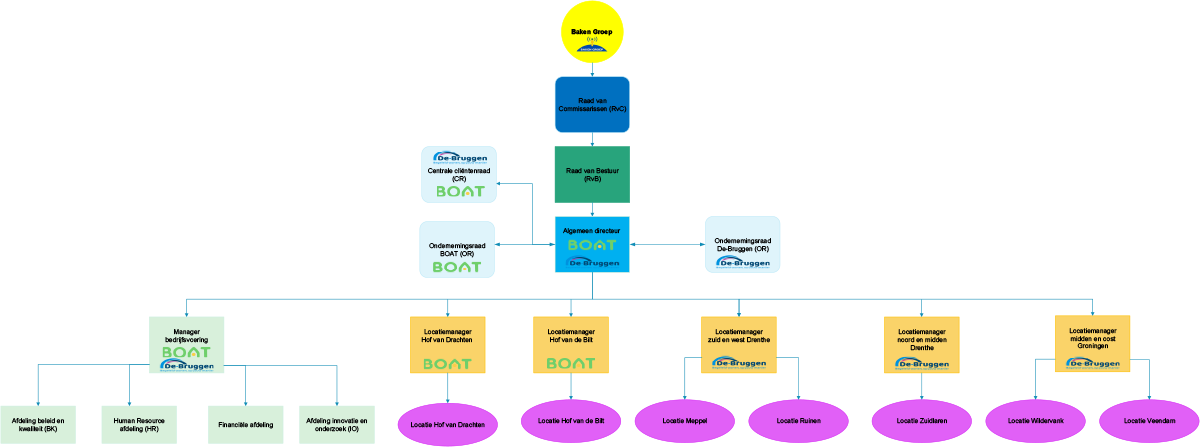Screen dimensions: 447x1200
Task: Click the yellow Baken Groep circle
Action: [592, 34]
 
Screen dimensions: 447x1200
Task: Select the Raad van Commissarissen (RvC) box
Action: [592, 104]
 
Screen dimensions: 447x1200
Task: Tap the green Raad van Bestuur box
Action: [592, 175]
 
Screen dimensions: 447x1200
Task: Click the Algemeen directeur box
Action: [592, 244]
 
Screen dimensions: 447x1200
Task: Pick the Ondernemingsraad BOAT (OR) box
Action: [456, 249]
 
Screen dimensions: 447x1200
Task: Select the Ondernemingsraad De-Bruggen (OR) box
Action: [742, 244]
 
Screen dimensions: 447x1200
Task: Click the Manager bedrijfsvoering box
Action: [186, 345]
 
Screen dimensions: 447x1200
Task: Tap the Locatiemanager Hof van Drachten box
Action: [448, 345]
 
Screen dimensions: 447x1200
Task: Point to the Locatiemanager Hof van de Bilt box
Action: [571, 345]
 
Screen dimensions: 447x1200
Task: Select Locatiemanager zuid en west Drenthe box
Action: [739, 345]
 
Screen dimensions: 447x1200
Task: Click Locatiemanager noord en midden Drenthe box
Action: [922, 345]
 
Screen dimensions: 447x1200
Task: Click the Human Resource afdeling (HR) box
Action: [139, 425]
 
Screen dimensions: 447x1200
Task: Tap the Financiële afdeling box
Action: [245, 425]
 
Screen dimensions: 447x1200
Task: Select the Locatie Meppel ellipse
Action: [685, 421]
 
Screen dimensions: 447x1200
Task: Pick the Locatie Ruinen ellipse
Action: [798, 421]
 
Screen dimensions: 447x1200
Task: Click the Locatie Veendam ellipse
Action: [1148, 421]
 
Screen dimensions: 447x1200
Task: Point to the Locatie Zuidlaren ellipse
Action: [922, 421]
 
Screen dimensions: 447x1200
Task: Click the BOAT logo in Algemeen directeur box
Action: [592, 245]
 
